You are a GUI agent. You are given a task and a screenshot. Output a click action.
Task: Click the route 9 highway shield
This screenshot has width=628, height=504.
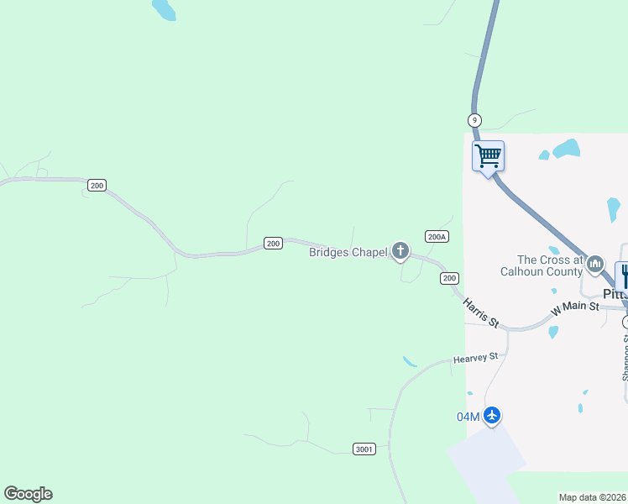point(475,120)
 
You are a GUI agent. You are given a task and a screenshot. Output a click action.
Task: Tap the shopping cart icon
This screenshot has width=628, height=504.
point(488,155)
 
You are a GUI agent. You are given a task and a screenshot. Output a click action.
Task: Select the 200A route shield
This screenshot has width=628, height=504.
point(437,237)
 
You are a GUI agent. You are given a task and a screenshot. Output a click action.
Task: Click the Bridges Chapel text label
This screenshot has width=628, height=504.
point(348,252)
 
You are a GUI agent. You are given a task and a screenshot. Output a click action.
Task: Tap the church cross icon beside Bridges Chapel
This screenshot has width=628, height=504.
point(400,250)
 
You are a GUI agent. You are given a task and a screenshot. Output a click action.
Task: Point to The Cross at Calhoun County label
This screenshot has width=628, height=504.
point(550,265)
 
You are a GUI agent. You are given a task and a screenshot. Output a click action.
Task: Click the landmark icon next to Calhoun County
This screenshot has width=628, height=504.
point(595,264)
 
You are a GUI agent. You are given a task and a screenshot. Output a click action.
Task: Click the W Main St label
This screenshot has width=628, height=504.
point(575,308)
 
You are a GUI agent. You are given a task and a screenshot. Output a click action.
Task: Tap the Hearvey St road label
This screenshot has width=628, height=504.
point(475,358)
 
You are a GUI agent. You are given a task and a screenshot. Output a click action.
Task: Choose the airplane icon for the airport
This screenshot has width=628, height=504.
point(492,416)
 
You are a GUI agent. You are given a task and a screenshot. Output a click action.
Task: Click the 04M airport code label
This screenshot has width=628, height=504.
point(468,417)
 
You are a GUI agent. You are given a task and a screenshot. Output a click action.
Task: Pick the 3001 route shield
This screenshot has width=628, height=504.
point(364,449)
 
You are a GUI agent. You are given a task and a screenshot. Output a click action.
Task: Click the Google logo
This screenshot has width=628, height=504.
point(28,494)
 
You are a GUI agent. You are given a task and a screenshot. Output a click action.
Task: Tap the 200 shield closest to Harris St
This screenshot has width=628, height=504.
point(450,278)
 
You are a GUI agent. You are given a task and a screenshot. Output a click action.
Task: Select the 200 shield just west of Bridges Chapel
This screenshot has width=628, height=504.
point(273,243)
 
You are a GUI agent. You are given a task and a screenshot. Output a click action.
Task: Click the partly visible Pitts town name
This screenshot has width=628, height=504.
point(615,294)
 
